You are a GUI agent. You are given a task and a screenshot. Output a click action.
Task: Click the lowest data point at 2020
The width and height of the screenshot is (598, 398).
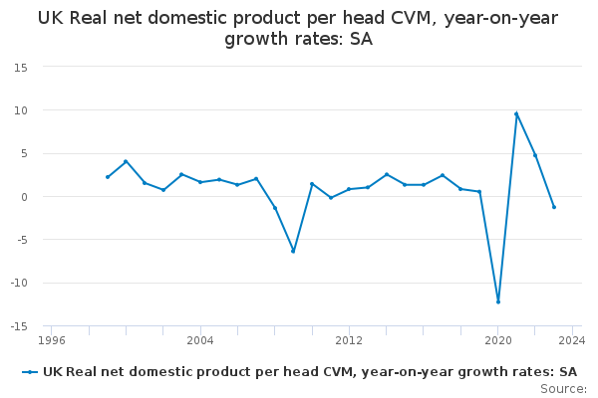coord(498,302)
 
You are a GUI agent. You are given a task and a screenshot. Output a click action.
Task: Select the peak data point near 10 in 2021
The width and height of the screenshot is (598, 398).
coord(516,113)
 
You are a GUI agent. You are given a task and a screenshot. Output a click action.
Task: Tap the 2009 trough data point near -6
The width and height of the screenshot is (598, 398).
coord(293,251)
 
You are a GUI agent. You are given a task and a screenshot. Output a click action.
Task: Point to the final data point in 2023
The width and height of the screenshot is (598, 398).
coord(554,207)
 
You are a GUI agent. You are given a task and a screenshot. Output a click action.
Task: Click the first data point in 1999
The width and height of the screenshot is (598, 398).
coord(108,177)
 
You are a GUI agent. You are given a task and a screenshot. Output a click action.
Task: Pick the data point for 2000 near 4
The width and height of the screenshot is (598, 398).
coord(126,161)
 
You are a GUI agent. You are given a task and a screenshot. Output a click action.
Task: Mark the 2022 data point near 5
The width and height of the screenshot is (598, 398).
coord(535,155)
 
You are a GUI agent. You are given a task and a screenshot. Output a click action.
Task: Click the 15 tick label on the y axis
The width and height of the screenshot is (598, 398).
coord(21,68)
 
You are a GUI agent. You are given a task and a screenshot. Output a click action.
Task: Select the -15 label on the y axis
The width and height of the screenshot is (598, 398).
coord(19,326)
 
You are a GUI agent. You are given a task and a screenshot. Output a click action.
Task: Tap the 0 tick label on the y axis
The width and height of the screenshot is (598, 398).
coord(25,197)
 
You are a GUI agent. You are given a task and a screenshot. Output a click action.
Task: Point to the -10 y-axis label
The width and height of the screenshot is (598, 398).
coord(19,283)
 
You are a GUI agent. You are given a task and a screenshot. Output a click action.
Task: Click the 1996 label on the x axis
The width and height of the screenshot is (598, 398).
coord(52,340)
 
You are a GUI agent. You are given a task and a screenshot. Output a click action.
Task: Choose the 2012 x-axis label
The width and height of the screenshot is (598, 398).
coord(349,340)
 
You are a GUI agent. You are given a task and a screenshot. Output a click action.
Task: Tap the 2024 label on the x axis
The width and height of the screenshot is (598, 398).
coord(572,340)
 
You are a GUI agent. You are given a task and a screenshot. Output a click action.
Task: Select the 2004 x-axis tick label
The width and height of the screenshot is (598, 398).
coord(200,340)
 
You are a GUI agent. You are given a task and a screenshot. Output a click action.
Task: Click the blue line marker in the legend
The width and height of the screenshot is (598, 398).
coord(30,372)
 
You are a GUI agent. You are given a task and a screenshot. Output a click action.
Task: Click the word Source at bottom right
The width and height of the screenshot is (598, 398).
coord(563,389)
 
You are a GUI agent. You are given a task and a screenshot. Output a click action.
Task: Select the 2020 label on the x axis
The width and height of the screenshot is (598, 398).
coord(498,340)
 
